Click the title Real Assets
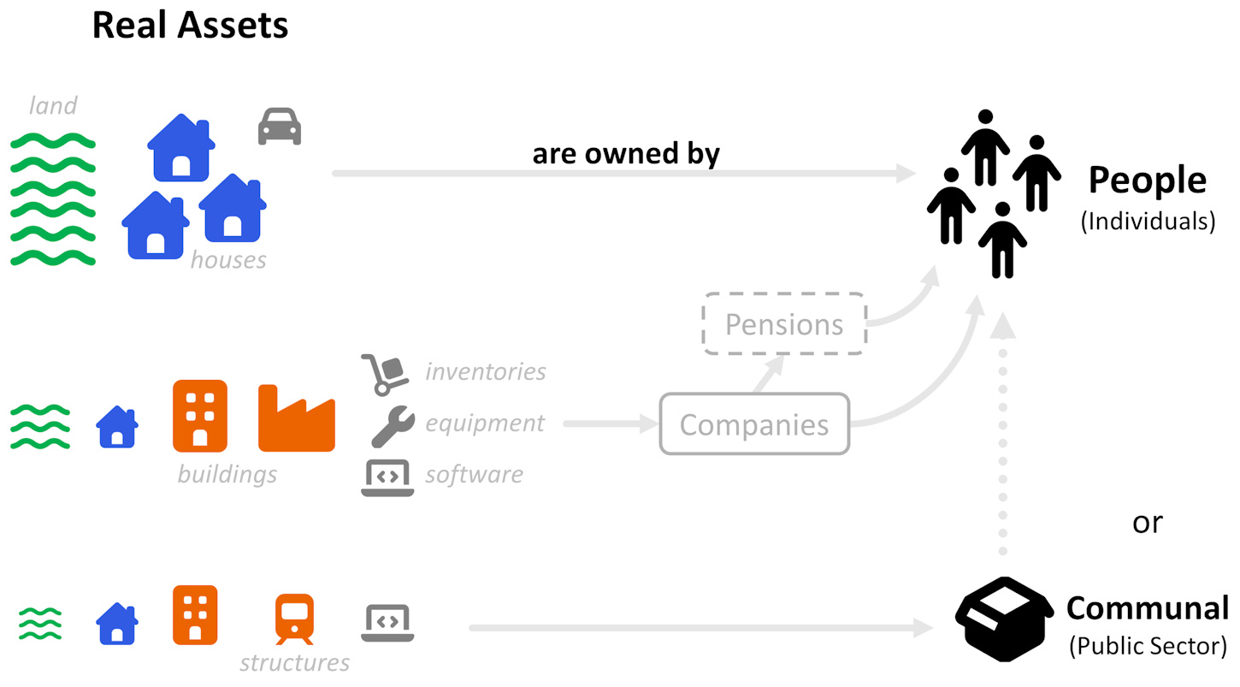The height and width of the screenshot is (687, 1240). coord(190,26)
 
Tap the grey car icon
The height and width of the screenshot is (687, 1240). coord(280,127)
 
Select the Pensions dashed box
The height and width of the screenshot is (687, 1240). coord(784,324)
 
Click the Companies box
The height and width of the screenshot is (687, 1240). coord(754,424)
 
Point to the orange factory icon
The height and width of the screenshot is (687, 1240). coord(296,418)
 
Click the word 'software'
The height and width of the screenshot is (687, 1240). coord(474,474)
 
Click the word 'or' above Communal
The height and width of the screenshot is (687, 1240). coord(1147,522)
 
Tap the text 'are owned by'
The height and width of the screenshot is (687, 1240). coord(626,154)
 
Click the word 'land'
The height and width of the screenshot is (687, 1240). coord(53,105)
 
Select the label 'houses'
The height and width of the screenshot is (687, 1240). coord(228,259)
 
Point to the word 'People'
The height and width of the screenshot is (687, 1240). coord(1147,181)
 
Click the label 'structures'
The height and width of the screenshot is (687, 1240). coord(294,662)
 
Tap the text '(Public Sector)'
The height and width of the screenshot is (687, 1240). coord(1148,645)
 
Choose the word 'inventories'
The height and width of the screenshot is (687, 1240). coord(485,371)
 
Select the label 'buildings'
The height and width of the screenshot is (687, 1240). coord(227,473)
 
